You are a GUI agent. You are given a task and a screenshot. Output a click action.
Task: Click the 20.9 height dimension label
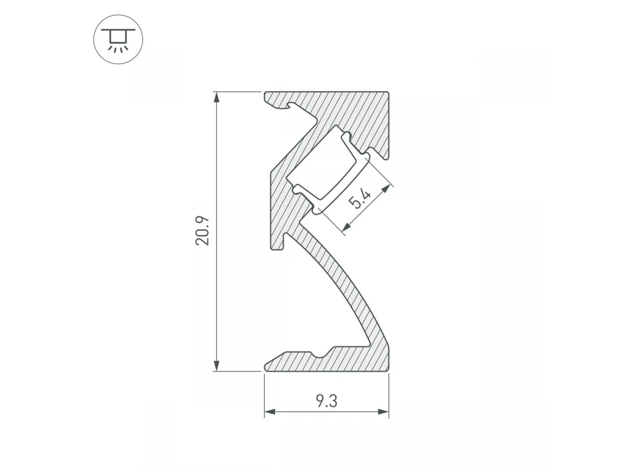tap(202, 231)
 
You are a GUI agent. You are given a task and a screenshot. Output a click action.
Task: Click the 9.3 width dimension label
tap(327, 401)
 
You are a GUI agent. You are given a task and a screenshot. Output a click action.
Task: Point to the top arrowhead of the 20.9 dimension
tap(217, 97)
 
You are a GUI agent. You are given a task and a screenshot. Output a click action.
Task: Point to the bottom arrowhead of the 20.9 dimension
tap(217, 366)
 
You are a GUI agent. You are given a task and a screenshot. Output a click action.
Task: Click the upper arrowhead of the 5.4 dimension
tap(386, 189)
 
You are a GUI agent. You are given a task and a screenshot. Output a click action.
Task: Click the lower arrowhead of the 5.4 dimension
tap(347, 227)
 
